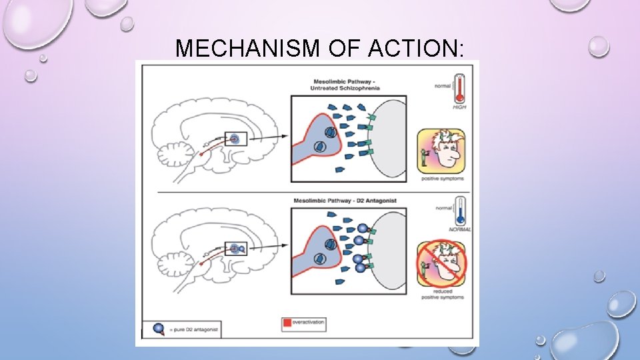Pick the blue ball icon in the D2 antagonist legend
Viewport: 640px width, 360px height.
click(x=158, y=329)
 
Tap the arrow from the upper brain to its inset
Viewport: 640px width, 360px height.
click(x=269, y=136)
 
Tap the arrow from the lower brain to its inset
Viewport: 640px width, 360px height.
click(x=269, y=247)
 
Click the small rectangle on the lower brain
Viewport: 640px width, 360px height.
click(x=236, y=249)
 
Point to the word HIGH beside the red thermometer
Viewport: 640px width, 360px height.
click(x=459, y=107)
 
